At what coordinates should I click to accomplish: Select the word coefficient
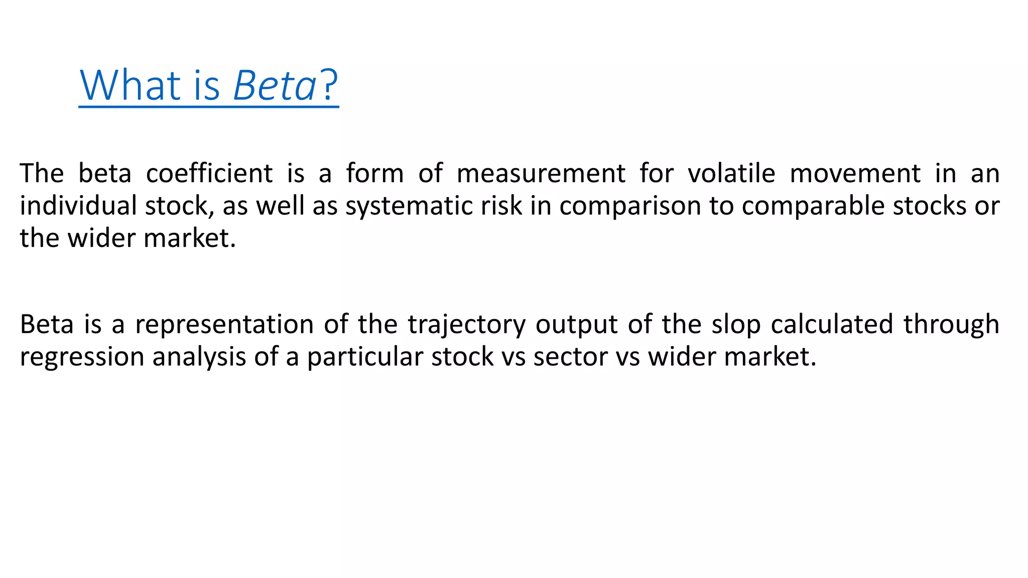pyautogui.click(x=209, y=174)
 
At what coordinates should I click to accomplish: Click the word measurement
pyautogui.click(x=541, y=174)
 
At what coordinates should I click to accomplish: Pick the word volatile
pyautogui.click(x=731, y=174)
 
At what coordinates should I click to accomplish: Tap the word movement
pyautogui.click(x=855, y=174)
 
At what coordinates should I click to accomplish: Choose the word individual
pyautogui.click(x=78, y=206)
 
